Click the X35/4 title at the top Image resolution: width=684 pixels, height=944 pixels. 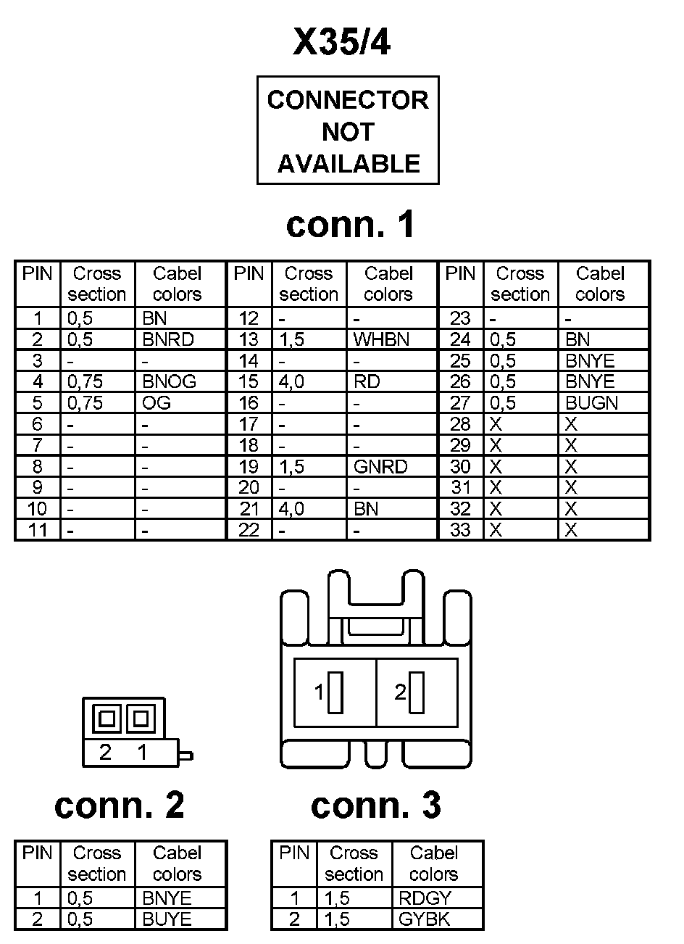coord(342,44)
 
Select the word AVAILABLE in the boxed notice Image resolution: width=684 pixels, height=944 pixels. coord(349,164)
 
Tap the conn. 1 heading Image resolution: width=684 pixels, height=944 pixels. coord(351,224)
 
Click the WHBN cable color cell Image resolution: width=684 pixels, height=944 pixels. coord(381,339)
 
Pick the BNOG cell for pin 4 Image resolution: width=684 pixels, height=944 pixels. coord(170,381)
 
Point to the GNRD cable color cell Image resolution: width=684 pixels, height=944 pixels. coord(380,466)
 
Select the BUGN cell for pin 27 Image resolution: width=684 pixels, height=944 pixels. coord(591,402)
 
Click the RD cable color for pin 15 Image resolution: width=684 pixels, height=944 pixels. coord(367,381)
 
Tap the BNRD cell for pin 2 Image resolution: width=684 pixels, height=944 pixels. coord(168,339)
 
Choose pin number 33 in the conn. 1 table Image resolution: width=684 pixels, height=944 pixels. coord(460,530)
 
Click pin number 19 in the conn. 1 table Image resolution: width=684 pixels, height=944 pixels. coord(249,466)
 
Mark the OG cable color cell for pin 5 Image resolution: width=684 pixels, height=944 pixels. coord(157,402)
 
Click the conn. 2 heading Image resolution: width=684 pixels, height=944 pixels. coord(120,805)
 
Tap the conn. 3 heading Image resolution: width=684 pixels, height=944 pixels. coord(375,805)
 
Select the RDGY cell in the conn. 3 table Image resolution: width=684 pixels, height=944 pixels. coord(425,898)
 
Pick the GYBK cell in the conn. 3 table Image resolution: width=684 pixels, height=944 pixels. coord(425,919)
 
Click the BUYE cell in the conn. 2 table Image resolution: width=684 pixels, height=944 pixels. coord(167,919)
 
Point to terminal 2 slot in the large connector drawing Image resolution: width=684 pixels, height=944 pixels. coord(417,693)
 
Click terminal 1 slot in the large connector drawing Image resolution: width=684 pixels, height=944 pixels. coord(335,693)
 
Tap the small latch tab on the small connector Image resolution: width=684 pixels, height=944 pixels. coord(186,756)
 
